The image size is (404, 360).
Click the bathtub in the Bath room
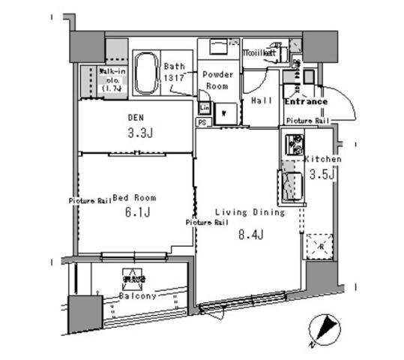[146, 72]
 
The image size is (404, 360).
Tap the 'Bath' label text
[175, 66]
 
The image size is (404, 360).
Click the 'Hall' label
[262, 100]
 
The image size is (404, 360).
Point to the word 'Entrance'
[306, 101]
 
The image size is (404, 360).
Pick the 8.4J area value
[245, 235]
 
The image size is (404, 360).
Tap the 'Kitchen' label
[322, 160]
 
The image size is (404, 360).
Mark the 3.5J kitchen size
[322, 175]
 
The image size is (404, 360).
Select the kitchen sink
[290, 185]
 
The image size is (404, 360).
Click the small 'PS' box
[202, 121]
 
